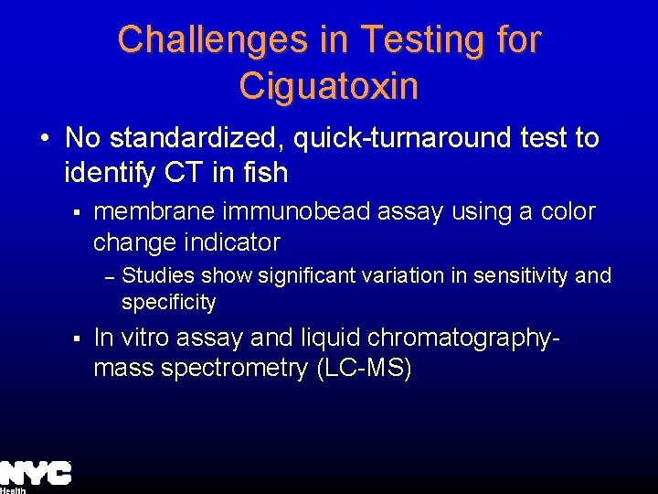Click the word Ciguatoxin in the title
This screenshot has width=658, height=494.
point(329,86)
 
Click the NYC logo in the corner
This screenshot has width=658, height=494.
point(36,474)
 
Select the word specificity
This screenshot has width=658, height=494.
point(169,302)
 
